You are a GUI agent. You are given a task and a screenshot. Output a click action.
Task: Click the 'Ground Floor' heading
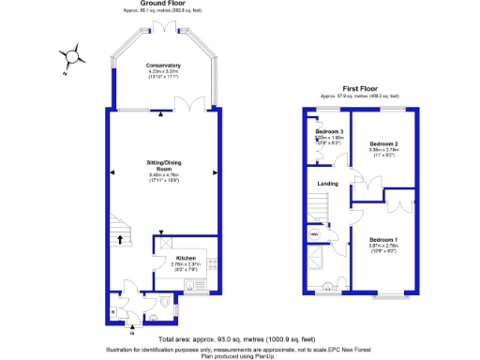tap(161, 4)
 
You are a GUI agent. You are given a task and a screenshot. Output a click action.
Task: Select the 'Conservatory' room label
tap(164, 65)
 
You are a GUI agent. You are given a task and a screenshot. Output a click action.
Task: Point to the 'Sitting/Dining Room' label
tap(164, 166)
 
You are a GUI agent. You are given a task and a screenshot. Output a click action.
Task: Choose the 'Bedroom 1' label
tap(382, 239)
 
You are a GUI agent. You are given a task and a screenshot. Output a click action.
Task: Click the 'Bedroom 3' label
tap(329, 131)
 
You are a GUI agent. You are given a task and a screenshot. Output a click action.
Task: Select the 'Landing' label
tap(328, 184)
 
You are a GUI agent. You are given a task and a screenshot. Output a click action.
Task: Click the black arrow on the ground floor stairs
tap(120, 239)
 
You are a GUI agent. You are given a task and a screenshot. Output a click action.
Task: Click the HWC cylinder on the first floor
tap(315, 234)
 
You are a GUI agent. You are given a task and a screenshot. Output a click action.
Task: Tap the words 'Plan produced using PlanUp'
tap(240, 355)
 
